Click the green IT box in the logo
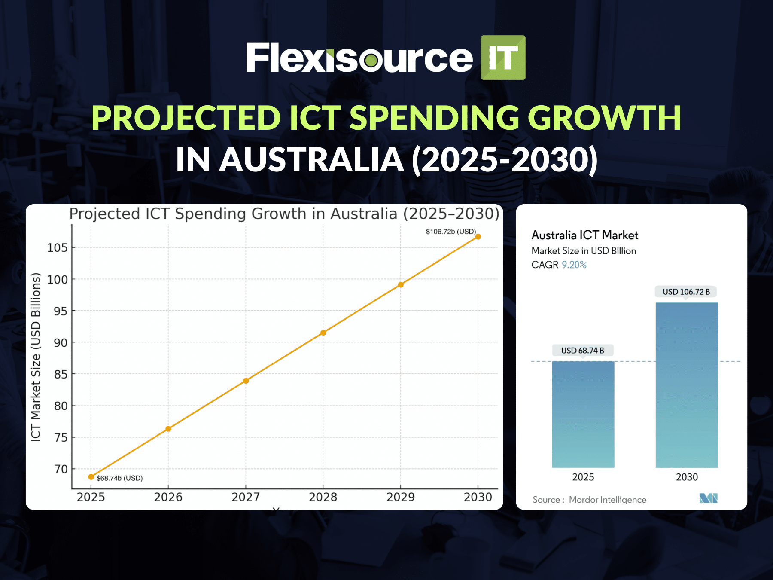[x=503, y=58]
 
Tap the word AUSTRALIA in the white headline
[x=311, y=160]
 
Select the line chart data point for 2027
[x=246, y=381]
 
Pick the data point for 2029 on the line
[x=401, y=284]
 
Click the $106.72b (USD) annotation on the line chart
[x=450, y=232]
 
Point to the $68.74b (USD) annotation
[x=119, y=478]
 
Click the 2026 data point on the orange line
[x=168, y=429]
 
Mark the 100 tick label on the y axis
[x=57, y=280]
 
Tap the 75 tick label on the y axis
[x=61, y=438]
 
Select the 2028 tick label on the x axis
[x=323, y=497]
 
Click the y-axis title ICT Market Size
[x=36, y=357]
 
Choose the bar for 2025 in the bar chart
[x=583, y=415]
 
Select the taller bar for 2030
[x=686, y=385]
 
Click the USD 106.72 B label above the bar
[x=686, y=292]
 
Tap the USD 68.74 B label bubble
[x=582, y=351]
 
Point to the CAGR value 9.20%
[x=574, y=265]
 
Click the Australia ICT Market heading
[x=584, y=235]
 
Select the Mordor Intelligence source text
[x=607, y=500]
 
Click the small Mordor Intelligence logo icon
[x=708, y=498]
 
